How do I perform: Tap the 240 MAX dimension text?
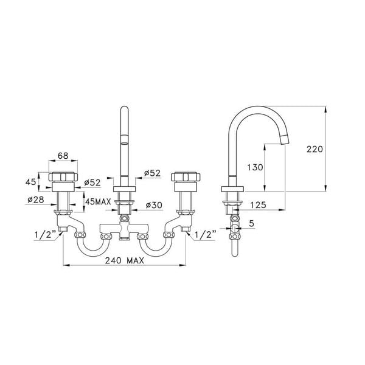[123, 260]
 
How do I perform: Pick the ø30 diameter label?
[153, 204]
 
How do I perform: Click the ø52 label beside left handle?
[93, 182]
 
